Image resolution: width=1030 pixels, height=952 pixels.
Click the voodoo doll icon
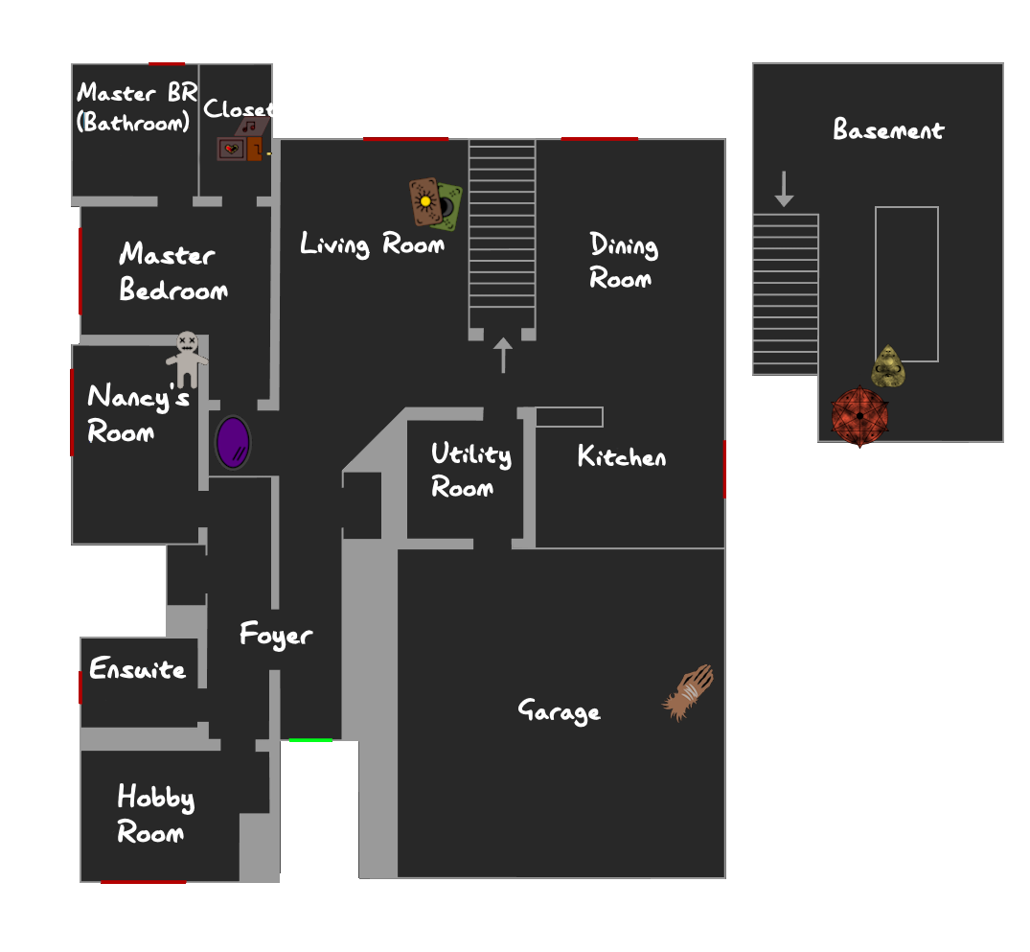click(x=187, y=359)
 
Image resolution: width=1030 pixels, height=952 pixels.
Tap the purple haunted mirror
click(x=233, y=443)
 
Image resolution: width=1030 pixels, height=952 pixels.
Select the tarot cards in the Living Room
click(x=436, y=203)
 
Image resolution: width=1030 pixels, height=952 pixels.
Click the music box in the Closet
click(x=242, y=140)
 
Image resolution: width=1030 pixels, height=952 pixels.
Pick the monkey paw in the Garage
click(x=688, y=692)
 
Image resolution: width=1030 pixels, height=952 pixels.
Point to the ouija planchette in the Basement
click(x=888, y=366)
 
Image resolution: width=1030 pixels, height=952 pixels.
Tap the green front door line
click(x=310, y=740)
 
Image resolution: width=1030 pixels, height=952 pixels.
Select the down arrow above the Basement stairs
click(x=785, y=190)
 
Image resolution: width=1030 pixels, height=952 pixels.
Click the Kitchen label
click(x=622, y=456)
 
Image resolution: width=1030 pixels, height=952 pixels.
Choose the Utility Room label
click(x=471, y=470)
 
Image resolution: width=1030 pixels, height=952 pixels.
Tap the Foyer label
click(x=276, y=635)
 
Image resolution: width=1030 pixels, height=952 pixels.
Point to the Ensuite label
click(x=137, y=668)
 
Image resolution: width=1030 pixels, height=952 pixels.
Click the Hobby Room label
click(x=155, y=813)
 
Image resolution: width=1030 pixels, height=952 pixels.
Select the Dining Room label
click(x=624, y=261)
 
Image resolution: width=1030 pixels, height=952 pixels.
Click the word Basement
click(x=888, y=128)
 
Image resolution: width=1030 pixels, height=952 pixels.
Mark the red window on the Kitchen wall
click(x=724, y=470)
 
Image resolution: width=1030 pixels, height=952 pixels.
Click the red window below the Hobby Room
click(x=143, y=882)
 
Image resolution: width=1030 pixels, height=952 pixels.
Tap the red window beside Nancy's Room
click(x=72, y=412)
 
